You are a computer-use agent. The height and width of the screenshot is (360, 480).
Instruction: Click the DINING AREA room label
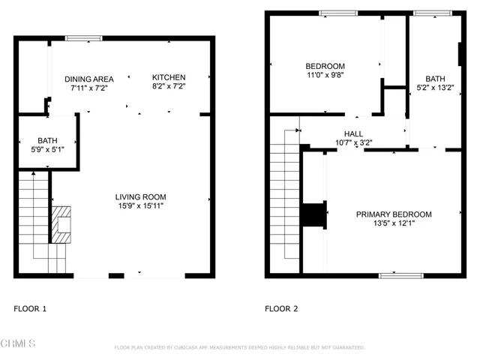pos(88,78)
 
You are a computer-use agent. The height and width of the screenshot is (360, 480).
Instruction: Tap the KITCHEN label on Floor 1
pos(168,78)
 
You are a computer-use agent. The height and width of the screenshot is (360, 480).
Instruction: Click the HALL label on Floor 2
pos(353,133)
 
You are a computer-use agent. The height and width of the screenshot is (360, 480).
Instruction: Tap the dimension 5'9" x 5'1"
pos(46,149)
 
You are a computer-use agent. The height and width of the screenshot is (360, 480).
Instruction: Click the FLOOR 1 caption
pos(31,309)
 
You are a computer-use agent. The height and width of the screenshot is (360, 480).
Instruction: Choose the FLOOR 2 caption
pos(282,309)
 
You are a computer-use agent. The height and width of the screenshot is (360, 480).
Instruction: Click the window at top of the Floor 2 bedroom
pos(338,13)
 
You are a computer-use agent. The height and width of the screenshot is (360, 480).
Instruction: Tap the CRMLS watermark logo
pos(18,344)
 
